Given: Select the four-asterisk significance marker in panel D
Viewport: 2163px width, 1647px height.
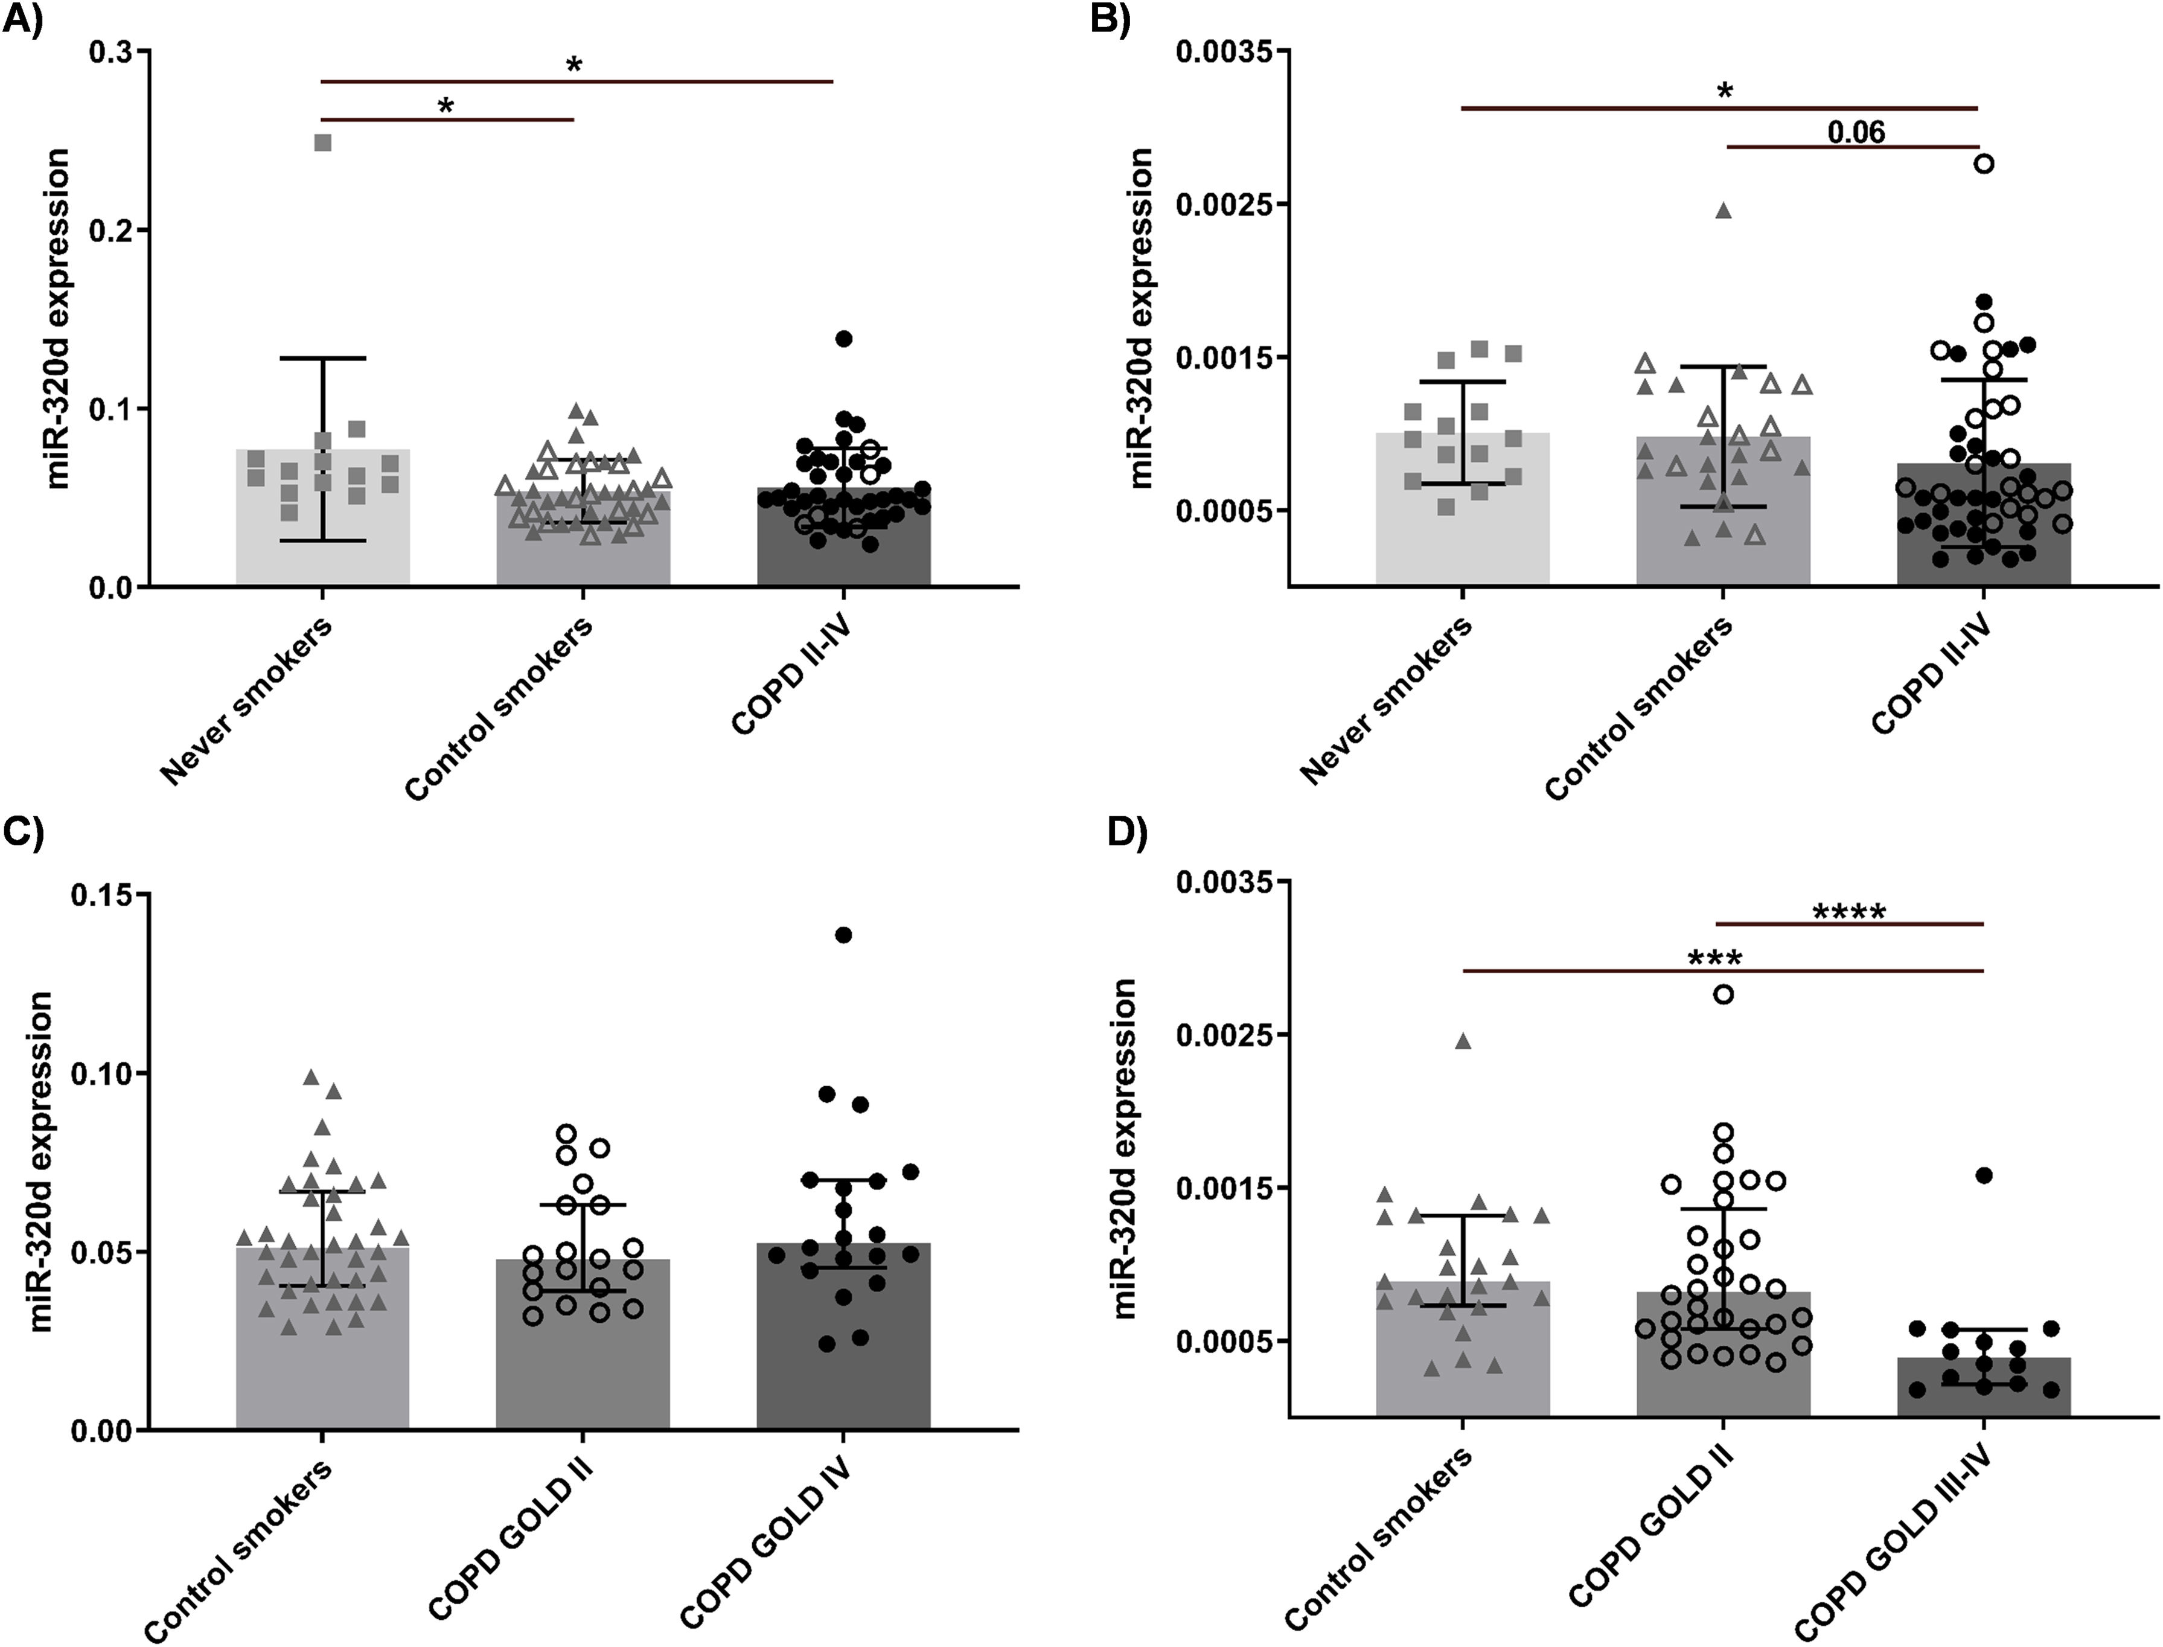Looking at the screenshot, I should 1848,913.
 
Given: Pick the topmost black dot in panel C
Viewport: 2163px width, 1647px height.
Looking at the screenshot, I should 843,934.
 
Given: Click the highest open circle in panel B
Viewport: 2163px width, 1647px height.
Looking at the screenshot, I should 1984,164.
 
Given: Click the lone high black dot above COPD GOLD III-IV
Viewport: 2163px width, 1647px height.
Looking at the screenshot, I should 1984,1174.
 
